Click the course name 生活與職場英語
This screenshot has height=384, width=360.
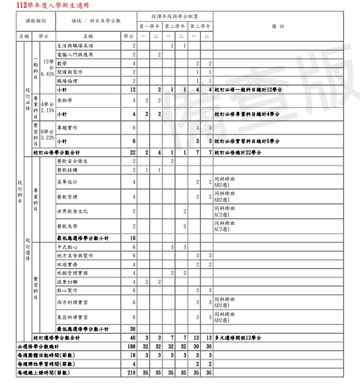76,46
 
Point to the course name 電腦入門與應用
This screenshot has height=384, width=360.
75,54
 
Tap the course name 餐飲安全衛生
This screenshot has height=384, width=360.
71,161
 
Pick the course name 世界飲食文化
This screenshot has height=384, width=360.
73,211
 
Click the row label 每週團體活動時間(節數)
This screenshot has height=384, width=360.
42,355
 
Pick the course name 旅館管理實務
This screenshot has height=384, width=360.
73,273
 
